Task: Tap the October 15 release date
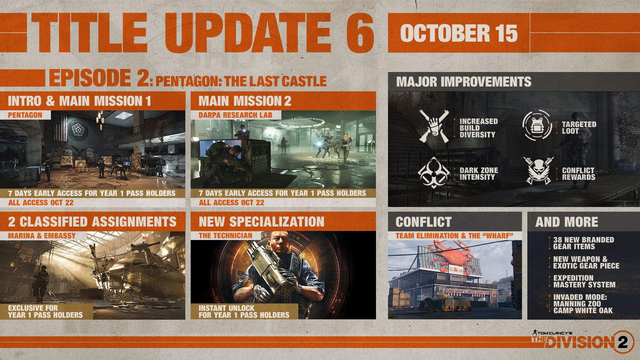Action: (459, 33)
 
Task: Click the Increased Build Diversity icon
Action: (433, 126)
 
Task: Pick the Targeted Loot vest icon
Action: (537, 125)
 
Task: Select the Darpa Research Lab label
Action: (235, 115)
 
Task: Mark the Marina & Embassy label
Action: (42, 236)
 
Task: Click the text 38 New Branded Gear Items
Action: (583, 243)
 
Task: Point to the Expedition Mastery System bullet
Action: (584, 281)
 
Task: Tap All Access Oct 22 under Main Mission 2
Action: (231, 203)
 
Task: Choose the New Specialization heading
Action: (261, 222)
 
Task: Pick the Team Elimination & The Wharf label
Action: (454, 236)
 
